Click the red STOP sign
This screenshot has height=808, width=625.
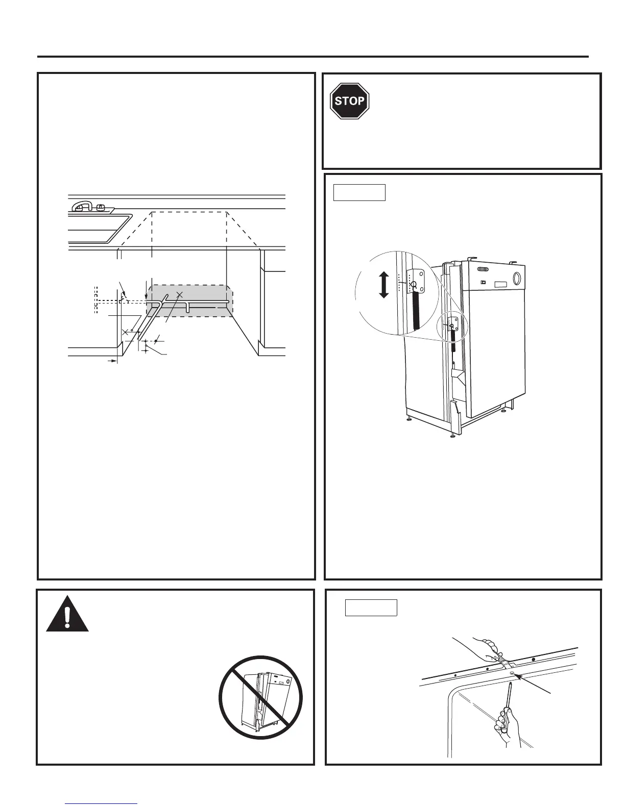(x=349, y=100)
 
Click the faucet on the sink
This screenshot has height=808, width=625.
(x=82, y=206)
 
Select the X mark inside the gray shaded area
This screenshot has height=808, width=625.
(x=179, y=294)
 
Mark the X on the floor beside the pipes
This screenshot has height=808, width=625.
(x=125, y=332)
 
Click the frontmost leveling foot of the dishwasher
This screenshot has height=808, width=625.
(x=453, y=435)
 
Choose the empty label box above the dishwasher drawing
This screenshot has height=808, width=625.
(x=359, y=192)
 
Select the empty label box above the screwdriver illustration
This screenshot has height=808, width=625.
(x=371, y=608)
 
